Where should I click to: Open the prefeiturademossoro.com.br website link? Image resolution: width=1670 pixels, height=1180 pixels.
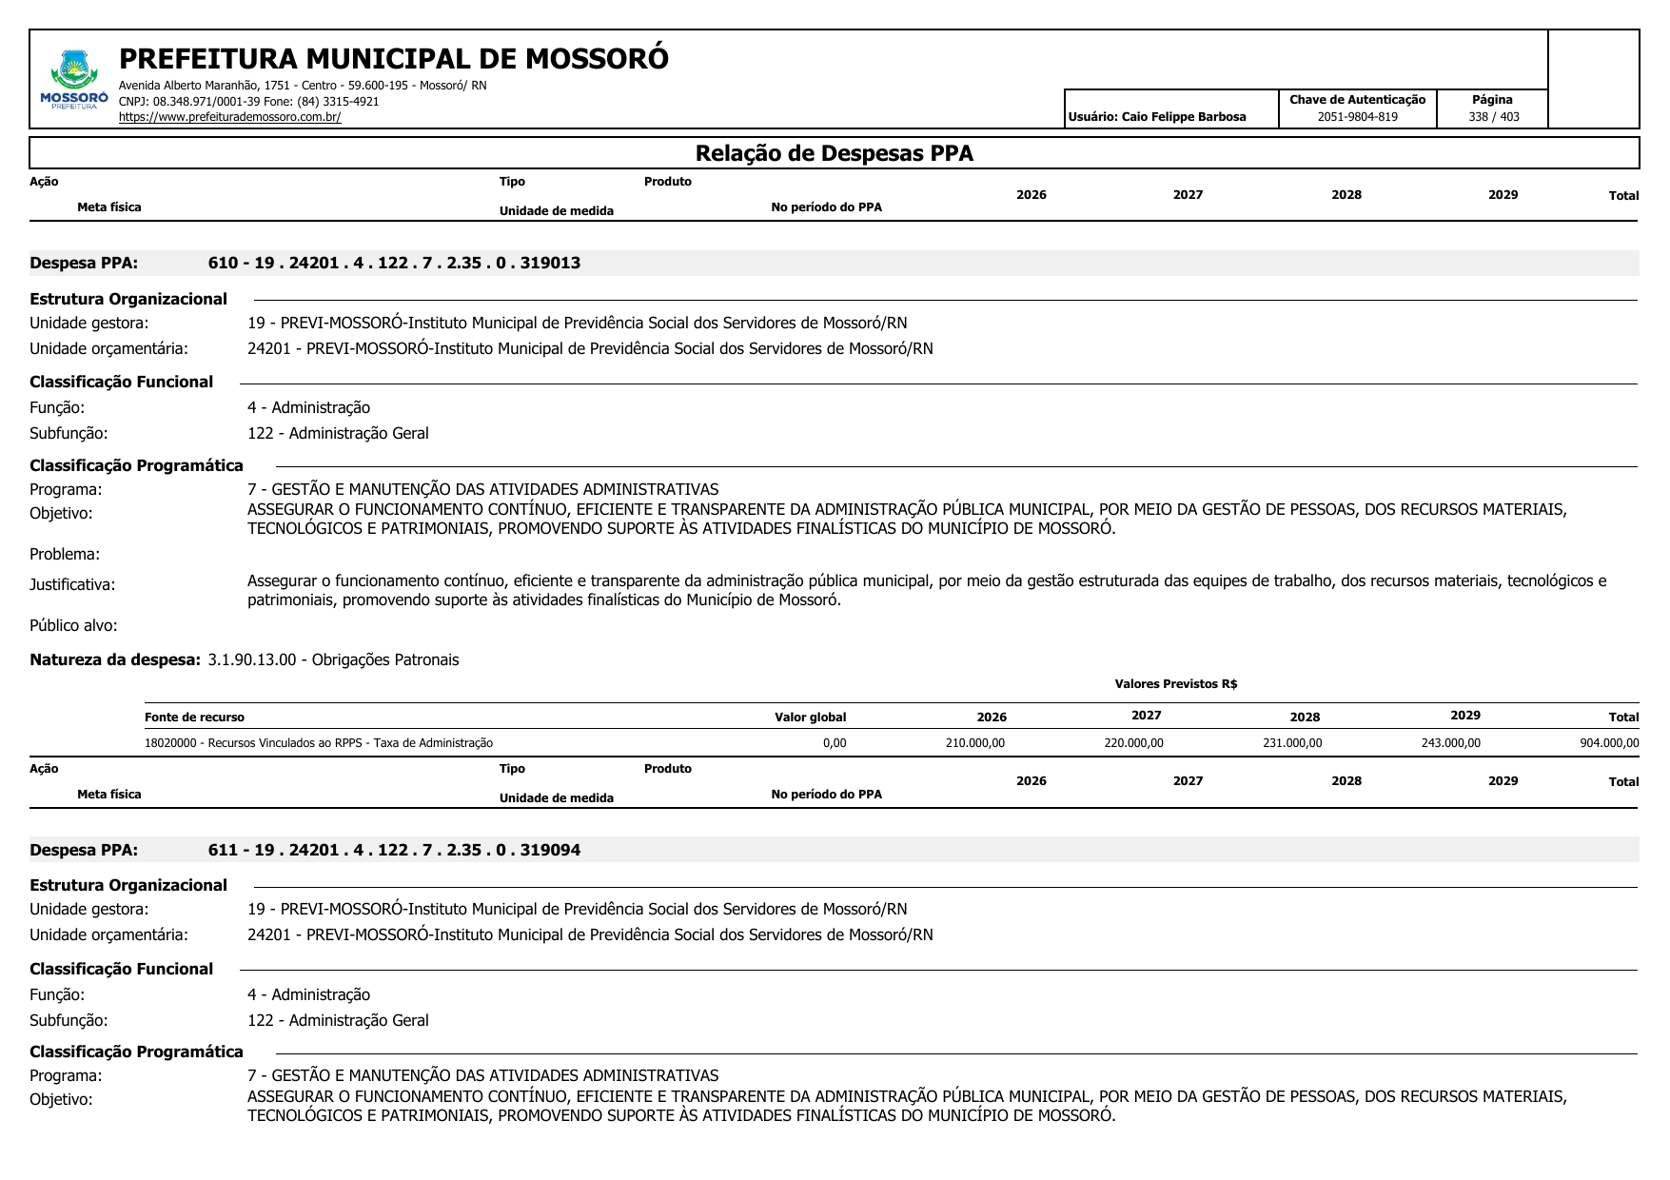229,117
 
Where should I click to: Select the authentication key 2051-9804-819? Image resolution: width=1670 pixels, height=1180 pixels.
1357,117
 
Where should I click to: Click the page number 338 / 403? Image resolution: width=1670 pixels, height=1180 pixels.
1493,117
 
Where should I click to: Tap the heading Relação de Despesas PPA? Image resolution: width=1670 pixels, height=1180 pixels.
834,153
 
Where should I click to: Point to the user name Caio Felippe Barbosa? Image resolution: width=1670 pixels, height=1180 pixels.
1183,117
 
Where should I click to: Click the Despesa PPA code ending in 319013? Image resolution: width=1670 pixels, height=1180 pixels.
394,263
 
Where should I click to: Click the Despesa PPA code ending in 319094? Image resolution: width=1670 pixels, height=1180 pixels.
394,850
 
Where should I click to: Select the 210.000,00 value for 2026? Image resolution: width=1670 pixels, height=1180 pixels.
974,743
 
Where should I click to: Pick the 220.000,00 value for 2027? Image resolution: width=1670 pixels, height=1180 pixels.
1133,743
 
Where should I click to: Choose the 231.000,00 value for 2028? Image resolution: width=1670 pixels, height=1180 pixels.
1291,743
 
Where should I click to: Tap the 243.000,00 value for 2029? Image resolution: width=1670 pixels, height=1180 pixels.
1450,743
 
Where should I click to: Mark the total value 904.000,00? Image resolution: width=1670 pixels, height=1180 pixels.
1609,743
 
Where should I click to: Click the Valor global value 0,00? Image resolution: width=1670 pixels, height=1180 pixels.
835,743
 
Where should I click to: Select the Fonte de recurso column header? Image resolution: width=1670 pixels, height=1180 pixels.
194,718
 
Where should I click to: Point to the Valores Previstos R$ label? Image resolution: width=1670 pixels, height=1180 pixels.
1175,684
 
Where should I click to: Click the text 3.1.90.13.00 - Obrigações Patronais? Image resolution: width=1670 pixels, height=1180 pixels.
333,659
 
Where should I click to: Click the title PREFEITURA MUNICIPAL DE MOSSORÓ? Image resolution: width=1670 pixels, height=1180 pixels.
393,59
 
